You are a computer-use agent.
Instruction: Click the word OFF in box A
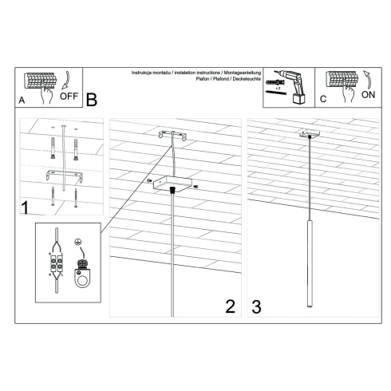69,98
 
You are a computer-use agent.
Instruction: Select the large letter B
91,101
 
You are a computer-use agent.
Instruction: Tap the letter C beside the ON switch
322,100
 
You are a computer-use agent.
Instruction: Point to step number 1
26,210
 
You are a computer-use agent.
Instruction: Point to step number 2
230,306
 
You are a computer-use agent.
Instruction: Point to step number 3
256,306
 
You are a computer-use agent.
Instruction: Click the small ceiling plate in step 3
307,133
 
